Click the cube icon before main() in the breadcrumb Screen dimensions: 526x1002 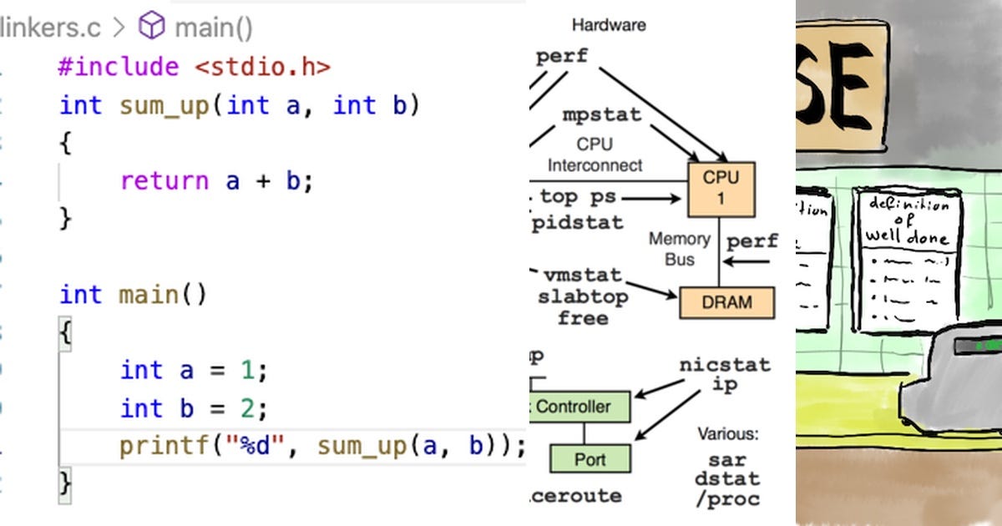(152, 28)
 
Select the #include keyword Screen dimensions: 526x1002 (118, 67)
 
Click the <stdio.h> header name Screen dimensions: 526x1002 (263, 67)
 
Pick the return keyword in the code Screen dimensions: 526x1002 (164, 181)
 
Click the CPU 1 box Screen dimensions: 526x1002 (721, 188)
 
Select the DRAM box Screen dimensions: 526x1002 (726, 302)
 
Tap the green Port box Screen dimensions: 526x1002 (590, 459)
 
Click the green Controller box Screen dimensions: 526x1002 (581, 407)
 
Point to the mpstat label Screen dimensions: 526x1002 (601, 114)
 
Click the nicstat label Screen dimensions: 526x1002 (724, 365)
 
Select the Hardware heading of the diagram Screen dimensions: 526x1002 (609, 25)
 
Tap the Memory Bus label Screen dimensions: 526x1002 (680, 249)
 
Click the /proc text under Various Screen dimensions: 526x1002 (727, 498)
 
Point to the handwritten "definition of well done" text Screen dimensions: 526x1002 (907, 220)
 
